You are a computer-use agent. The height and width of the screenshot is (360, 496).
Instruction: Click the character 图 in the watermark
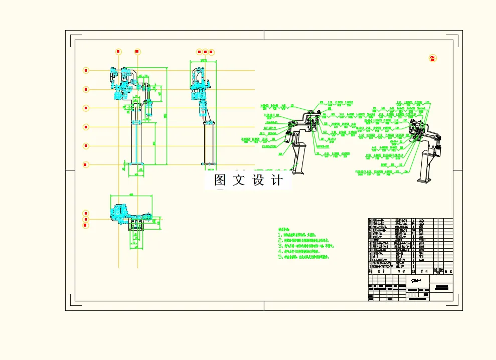point(220,180)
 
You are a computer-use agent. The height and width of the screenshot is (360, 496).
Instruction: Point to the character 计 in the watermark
point(276,180)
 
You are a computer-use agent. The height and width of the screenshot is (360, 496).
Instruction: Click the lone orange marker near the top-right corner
point(433,59)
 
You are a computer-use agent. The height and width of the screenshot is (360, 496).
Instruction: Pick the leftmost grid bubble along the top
point(118,52)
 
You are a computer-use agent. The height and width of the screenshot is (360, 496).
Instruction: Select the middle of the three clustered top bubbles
point(205,52)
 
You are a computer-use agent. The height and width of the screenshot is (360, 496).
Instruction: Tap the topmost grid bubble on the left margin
point(86,71)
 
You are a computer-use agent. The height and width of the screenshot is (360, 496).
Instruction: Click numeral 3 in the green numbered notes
point(280,246)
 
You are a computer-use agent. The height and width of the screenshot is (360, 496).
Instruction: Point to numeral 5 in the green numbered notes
point(280,257)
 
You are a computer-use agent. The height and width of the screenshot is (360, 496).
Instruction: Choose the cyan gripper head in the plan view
point(121,213)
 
